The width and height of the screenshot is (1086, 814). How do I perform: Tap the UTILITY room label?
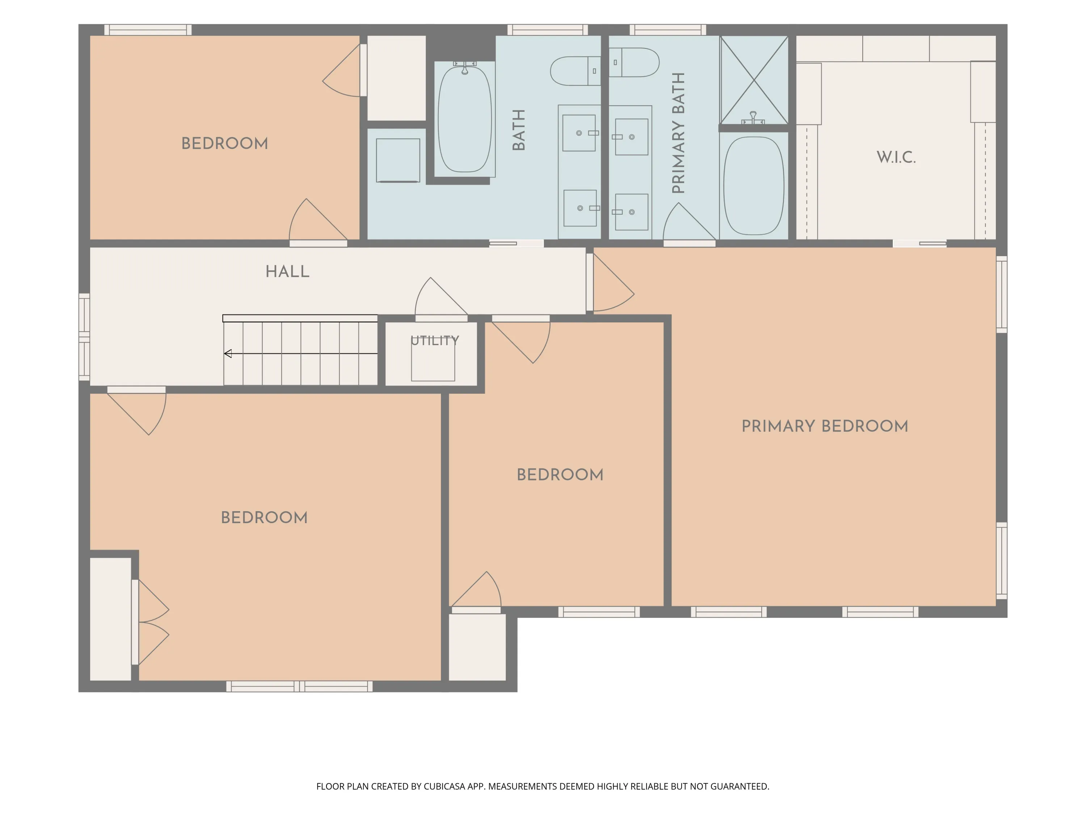[434, 340]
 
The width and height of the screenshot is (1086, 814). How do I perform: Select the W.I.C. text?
[896, 157]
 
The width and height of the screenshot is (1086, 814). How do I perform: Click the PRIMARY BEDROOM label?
[825, 426]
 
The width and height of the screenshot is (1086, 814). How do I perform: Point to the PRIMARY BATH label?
[678, 133]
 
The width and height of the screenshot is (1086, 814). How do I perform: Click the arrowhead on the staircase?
[228, 353]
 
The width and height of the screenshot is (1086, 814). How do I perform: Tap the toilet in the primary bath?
[634, 62]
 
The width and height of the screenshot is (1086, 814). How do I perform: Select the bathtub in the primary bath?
[754, 186]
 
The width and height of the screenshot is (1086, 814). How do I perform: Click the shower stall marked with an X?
[754, 80]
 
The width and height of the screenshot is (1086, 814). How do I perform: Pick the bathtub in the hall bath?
[464, 119]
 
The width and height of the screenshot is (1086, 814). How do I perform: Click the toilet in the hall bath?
[576, 71]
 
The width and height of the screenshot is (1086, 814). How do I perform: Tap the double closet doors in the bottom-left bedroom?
[152, 622]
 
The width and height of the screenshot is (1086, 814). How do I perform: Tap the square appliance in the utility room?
[433, 361]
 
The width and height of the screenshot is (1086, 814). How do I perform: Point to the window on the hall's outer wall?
[84, 337]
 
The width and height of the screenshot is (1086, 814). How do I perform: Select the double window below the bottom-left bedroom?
[299, 686]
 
